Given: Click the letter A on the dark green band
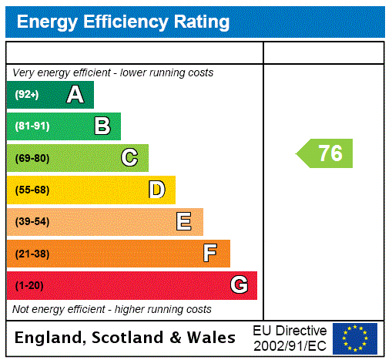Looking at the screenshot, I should tap(75, 95).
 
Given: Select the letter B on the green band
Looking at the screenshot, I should tap(102, 126).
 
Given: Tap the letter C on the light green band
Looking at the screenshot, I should tap(129, 158).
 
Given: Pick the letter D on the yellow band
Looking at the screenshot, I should tap(156, 190).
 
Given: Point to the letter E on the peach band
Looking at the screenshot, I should tap(183, 222).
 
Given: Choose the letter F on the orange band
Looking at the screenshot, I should tap(210, 254).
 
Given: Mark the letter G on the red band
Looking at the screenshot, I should tap(239, 285).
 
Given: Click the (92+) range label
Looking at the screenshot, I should tap(27, 95).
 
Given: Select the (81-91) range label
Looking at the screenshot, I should tap(32, 126).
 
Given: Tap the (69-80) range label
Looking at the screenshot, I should tap(32, 158).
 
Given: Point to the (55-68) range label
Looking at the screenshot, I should tap(32, 190).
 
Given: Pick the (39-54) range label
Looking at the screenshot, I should tap(32, 222).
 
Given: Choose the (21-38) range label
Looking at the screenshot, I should tap(32, 254).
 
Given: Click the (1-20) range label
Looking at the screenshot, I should tap(29, 285).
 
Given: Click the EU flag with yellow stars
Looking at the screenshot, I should tap(354, 338).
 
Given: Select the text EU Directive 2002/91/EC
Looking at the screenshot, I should tap(290, 338).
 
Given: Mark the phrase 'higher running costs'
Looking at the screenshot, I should tap(162, 309).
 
